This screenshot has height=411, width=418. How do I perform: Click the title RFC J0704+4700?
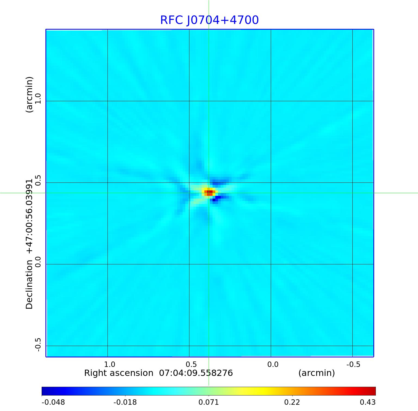click(209, 20)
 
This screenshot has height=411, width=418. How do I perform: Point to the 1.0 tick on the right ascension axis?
click(110, 364)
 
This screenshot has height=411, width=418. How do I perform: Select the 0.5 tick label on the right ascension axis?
click(191, 364)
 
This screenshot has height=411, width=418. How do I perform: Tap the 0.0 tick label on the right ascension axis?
click(273, 364)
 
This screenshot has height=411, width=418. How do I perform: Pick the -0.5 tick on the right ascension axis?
click(353, 364)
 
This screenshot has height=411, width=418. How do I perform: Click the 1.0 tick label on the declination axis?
click(38, 98)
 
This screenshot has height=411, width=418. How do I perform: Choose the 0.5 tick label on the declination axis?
click(38, 180)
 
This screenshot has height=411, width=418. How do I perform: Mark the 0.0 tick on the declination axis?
click(38, 262)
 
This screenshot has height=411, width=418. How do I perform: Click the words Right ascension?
click(119, 373)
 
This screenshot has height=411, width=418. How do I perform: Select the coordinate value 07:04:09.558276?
click(196, 373)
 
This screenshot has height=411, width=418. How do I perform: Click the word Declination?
click(29, 285)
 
